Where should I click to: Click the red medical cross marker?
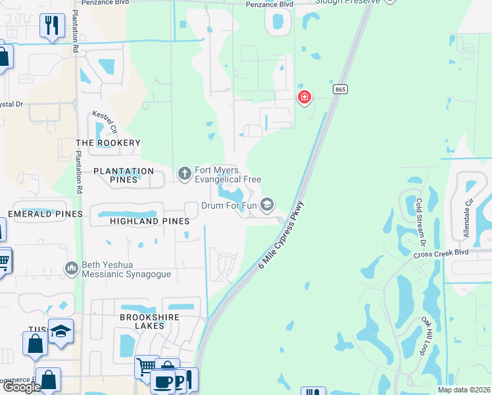(304, 98)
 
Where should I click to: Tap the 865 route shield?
(339, 90)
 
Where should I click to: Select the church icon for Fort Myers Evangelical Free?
(185, 173)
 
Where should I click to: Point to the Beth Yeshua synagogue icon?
(72, 269)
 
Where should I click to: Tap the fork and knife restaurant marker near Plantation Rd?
(51, 26)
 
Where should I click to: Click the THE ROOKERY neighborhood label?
(109, 143)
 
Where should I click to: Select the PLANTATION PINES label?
(124, 171)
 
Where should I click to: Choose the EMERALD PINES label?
(45, 214)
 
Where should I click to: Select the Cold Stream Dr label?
(422, 219)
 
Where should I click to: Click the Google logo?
(21, 387)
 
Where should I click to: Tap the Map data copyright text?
(464, 390)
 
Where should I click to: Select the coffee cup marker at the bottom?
(162, 381)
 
